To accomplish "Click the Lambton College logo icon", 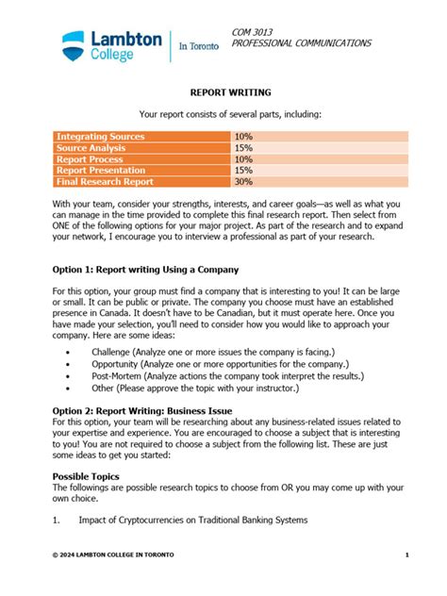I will pyautogui.click(x=74, y=43).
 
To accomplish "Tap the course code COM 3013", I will pyautogui.click(x=252, y=32).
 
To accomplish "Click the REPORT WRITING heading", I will pyautogui.click(x=231, y=93).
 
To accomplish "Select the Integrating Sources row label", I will pyautogui.click(x=101, y=137).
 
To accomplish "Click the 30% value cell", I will pyautogui.click(x=244, y=182).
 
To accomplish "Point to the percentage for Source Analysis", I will pyautogui.click(x=244, y=148).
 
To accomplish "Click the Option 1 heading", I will pyautogui.click(x=145, y=269).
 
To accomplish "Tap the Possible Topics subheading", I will pyautogui.click(x=86, y=477).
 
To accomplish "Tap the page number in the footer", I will pyautogui.click(x=406, y=555).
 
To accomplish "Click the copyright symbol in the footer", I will pyautogui.click(x=55, y=555).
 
